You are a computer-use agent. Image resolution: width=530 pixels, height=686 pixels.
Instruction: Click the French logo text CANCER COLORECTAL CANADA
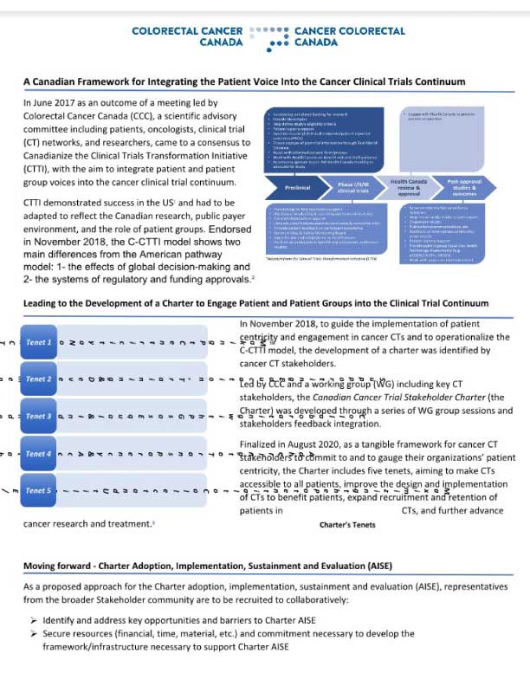click(x=349, y=36)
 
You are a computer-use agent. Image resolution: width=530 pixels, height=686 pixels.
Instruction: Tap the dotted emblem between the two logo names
click(x=267, y=36)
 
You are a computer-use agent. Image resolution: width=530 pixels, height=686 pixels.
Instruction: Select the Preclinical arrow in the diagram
click(x=297, y=187)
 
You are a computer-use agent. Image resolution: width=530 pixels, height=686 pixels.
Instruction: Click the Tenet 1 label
click(x=39, y=342)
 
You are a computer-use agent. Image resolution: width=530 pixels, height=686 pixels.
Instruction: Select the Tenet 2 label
click(x=39, y=379)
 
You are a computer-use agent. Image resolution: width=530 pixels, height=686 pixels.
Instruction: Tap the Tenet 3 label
click(x=39, y=417)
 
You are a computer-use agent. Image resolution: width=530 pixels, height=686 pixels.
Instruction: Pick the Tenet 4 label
click(x=39, y=454)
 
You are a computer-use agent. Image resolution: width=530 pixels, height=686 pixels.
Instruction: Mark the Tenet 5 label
click(x=39, y=491)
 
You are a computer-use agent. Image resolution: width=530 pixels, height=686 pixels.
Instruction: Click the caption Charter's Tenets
click(x=347, y=525)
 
